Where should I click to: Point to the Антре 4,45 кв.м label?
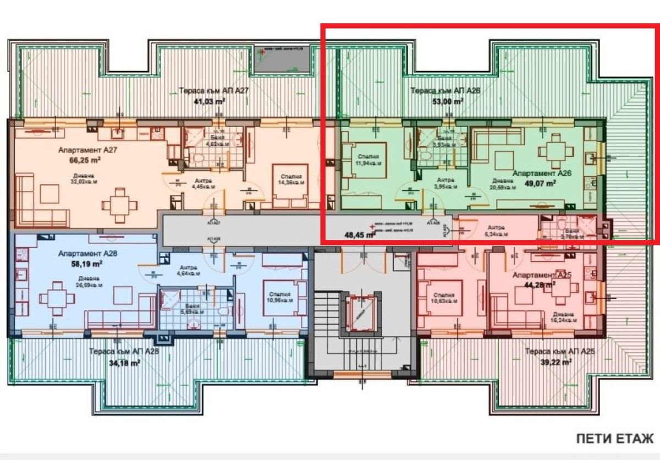tap(202, 183)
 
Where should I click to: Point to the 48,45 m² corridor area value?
tap(360, 234)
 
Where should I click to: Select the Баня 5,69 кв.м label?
tap(194, 309)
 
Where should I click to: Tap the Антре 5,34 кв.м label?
tap(495, 231)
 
